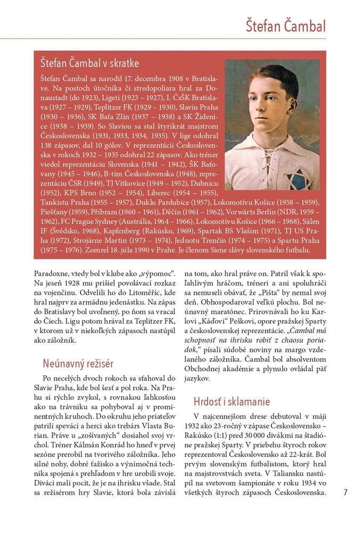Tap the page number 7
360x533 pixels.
click(x=346, y=492)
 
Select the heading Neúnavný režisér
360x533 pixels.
click(x=78, y=364)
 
